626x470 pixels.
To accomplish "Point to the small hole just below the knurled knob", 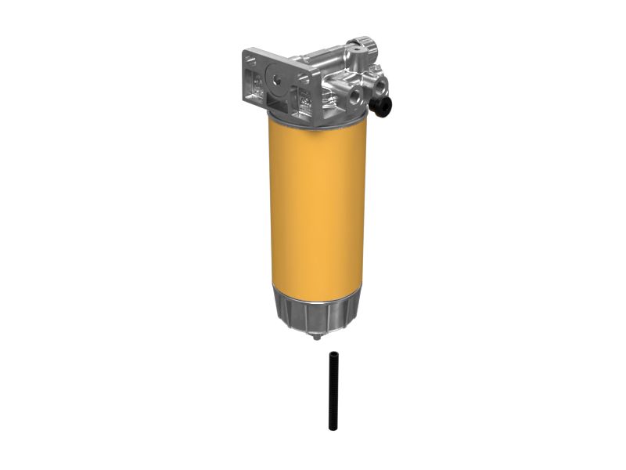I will click(x=358, y=63).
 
